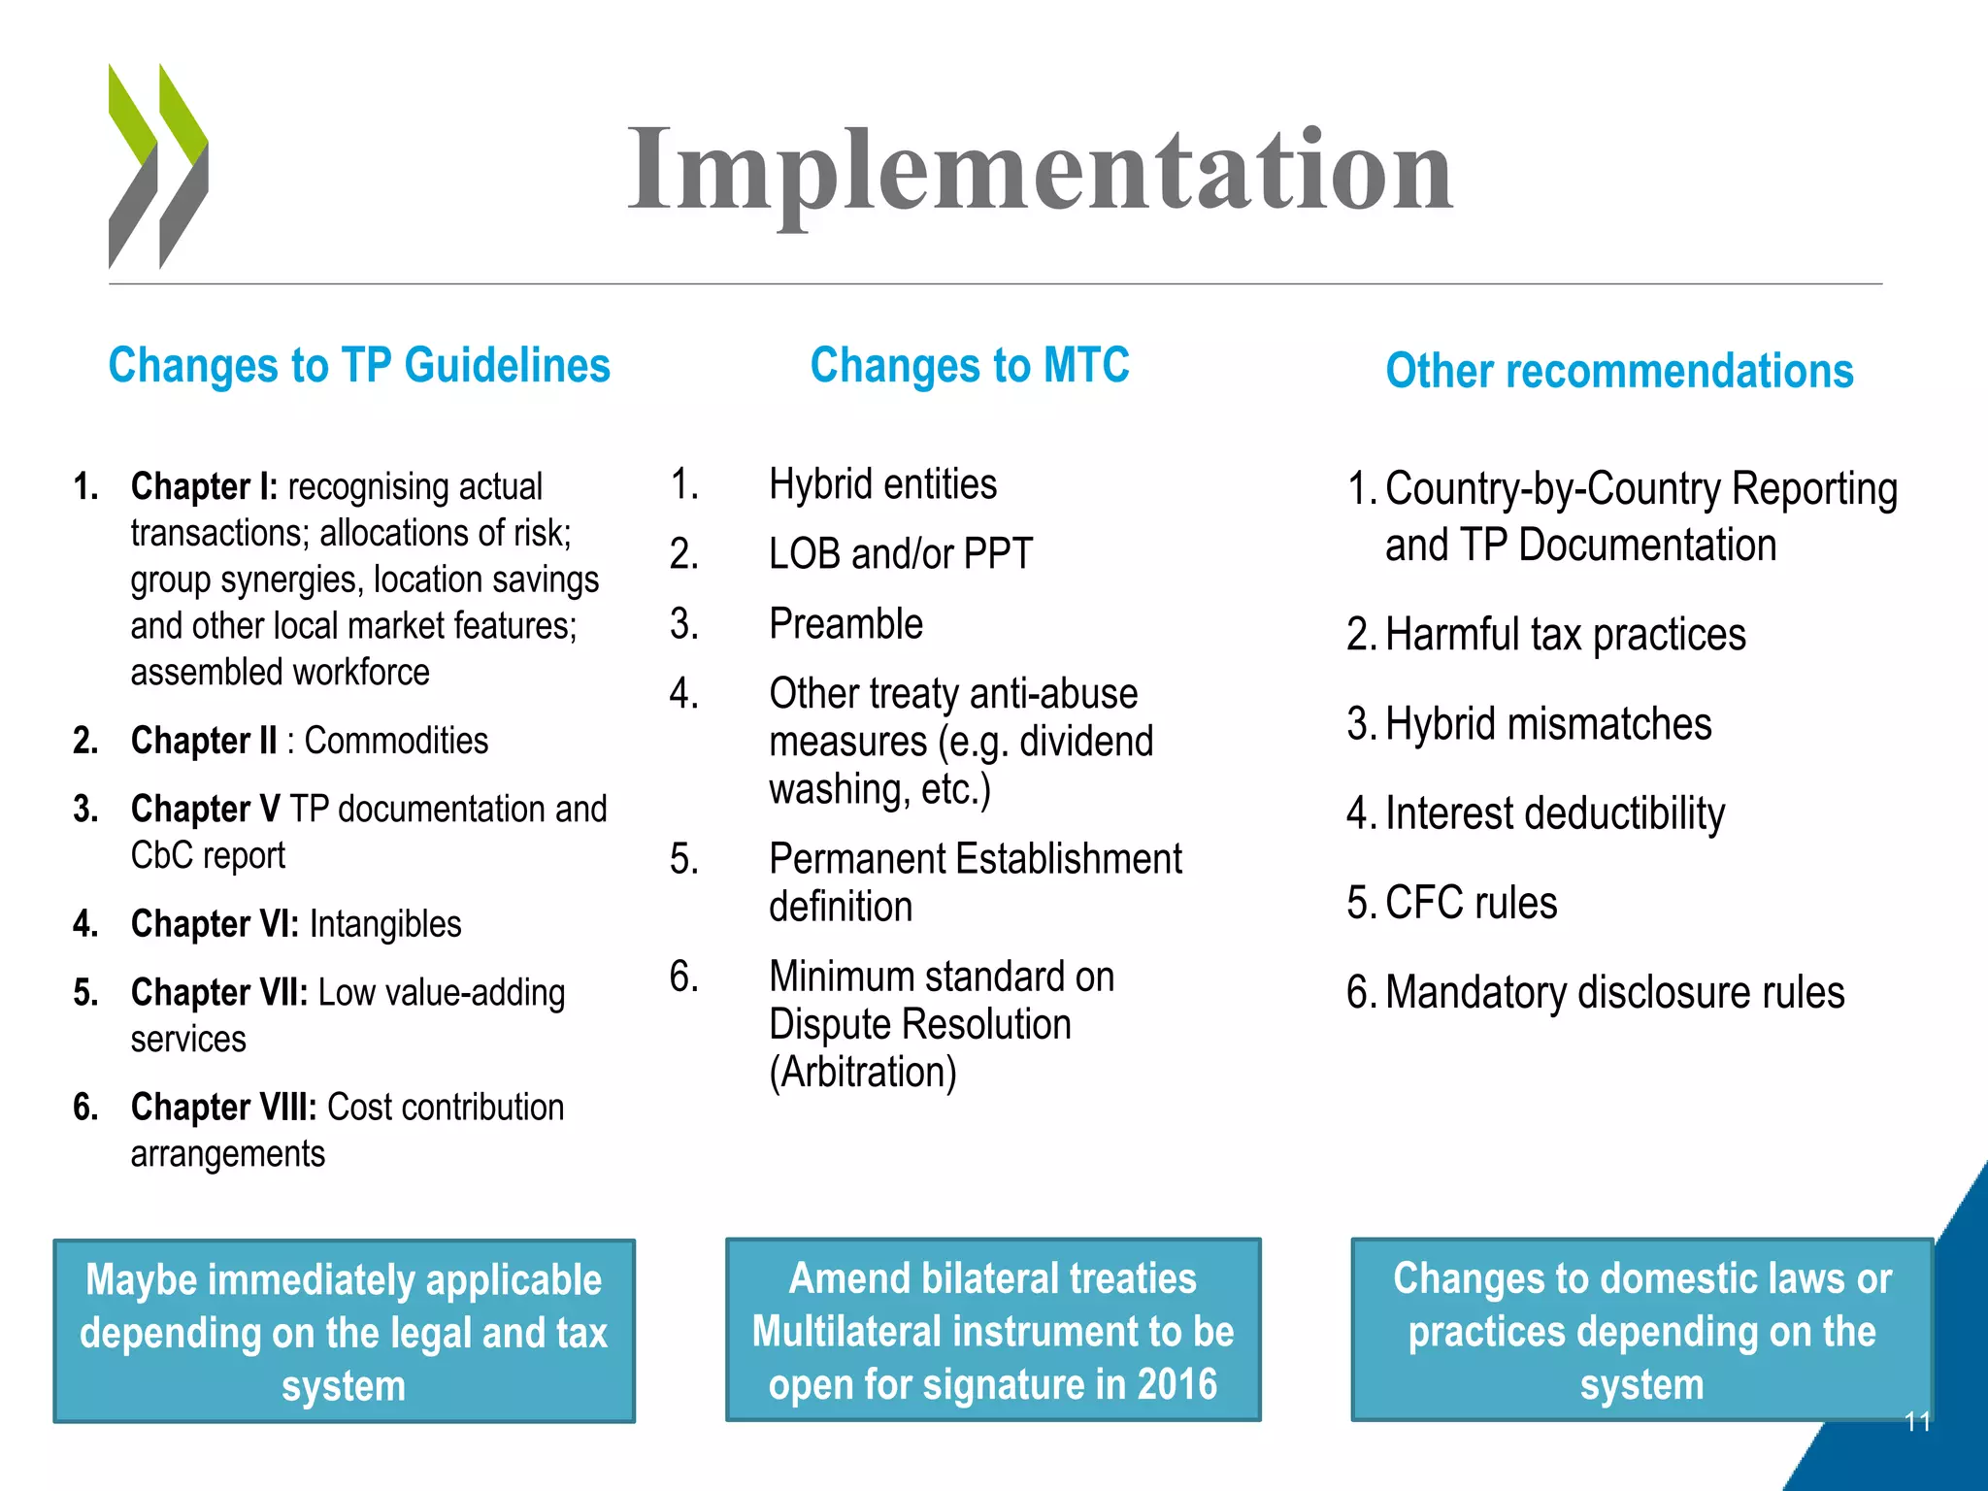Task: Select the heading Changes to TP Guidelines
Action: (x=359, y=366)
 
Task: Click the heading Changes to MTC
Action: (x=970, y=366)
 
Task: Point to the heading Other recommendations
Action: (x=1619, y=372)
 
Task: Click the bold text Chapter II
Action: (x=204, y=741)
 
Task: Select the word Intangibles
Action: (x=385, y=924)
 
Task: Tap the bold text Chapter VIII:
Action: (x=223, y=1108)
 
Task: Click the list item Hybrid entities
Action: (x=882, y=484)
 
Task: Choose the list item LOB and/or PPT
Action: (x=901, y=554)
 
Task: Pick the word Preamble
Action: (x=845, y=624)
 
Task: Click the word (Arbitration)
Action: (x=863, y=1073)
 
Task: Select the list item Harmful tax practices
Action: (x=1565, y=635)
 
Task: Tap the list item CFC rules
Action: (x=1471, y=903)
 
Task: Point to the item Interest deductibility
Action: (x=1555, y=813)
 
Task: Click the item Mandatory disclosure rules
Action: (x=1614, y=993)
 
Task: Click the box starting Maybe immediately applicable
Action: (x=344, y=1331)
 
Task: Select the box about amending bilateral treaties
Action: (x=993, y=1330)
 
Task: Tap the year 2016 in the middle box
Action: (x=1176, y=1384)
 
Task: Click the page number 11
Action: (x=1917, y=1422)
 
